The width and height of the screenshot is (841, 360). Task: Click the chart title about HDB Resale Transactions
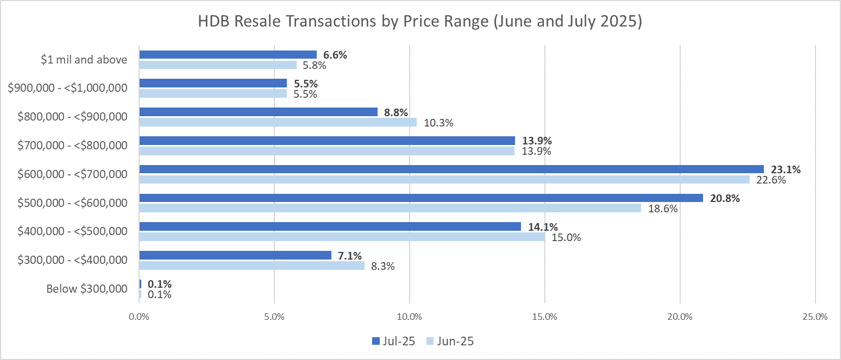click(420, 23)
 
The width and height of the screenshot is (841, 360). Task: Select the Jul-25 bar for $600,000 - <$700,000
click(451, 169)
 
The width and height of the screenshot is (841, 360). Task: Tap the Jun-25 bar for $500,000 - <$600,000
click(390, 208)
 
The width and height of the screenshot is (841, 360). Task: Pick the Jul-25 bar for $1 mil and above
click(228, 54)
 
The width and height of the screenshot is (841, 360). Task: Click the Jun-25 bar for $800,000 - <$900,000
click(278, 122)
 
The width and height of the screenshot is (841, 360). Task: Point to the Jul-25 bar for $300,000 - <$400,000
click(235, 255)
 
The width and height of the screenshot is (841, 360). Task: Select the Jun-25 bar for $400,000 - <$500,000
click(342, 237)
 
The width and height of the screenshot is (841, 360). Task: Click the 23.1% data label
click(786, 169)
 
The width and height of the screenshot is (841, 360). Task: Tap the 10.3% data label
click(438, 123)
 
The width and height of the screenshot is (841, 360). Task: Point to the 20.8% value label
click(725, 198)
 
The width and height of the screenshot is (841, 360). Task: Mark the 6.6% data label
click(335, 54)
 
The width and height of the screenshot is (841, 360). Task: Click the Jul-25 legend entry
click(393, 341)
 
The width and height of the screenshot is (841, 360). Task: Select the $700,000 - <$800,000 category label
click(73, 146)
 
